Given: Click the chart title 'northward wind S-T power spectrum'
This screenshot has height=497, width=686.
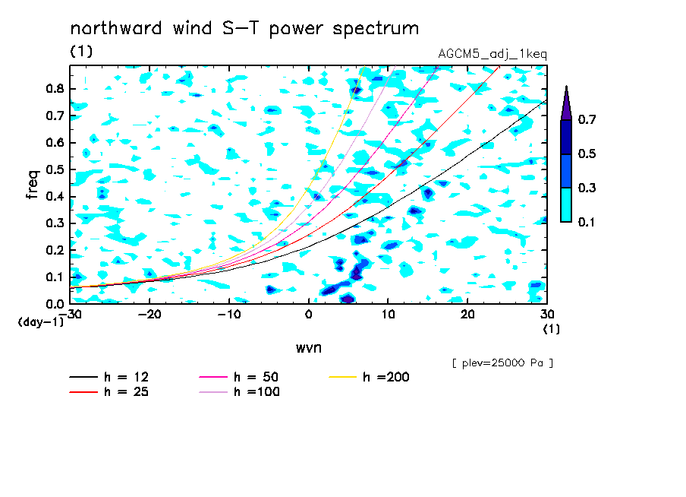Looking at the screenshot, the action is [244, 29].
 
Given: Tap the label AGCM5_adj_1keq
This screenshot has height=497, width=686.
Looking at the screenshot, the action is [492, 54].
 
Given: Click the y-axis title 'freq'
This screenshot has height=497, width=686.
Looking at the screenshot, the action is [33, 185].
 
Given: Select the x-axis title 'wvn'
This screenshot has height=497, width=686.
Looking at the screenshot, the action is [309, 348].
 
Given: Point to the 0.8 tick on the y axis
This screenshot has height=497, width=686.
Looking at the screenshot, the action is [55, 88].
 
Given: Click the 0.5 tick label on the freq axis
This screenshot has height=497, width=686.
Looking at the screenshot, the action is [55, 169].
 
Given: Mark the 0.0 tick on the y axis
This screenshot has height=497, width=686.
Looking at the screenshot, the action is [55, 304].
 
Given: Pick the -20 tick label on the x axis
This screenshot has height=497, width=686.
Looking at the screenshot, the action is [149, 315].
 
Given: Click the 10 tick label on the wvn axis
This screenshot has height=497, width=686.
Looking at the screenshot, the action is [388, 315].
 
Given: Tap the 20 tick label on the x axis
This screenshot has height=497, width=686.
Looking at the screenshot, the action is [467, 315].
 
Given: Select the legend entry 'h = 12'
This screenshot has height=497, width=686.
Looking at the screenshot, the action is [109, 377].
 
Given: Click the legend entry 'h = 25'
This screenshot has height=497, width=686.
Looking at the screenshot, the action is [109, 391].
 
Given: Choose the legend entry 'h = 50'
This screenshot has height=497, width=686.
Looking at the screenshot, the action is [239, 377].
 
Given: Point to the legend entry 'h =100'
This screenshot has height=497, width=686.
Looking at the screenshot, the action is [239, 391].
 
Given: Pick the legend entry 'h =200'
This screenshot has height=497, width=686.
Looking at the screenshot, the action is [370, 377].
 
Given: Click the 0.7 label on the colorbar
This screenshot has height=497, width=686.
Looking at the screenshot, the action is [587, 119].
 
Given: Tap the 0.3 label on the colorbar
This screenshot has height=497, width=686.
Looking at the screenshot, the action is [587, 188].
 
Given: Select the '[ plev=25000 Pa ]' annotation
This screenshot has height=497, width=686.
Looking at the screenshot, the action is [502, 363].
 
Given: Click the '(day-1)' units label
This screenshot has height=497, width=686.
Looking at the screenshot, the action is [41, 322].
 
